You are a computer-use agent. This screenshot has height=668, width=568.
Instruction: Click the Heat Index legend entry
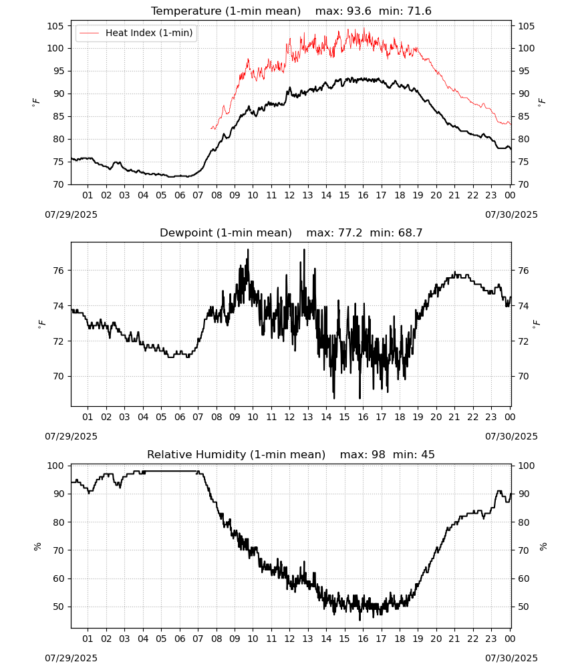136,33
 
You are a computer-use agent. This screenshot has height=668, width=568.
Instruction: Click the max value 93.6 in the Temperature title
360,11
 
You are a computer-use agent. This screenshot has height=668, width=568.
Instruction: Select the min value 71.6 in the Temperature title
420,11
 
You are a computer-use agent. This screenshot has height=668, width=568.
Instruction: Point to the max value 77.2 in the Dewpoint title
350,232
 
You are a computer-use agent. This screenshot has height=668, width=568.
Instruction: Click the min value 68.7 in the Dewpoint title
410,232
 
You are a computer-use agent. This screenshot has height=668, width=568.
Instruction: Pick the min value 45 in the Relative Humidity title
428,454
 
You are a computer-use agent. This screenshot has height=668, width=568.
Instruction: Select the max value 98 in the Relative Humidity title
378,454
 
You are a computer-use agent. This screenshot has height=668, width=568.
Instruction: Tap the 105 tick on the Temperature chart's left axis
55,26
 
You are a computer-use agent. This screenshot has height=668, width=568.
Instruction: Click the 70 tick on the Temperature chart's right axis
523,184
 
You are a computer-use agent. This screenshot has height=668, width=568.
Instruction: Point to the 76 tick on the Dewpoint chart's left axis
59,271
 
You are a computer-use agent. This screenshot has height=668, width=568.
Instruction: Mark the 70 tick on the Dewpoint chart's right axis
523,376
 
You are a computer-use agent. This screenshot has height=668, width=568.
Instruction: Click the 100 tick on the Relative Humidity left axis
55,466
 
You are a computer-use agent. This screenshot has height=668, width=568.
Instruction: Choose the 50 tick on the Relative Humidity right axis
523,607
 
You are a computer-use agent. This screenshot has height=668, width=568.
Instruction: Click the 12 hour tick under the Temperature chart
290,195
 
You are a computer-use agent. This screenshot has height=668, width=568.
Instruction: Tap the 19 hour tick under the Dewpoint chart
418,417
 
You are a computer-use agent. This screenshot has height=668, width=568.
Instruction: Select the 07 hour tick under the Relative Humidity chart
198,639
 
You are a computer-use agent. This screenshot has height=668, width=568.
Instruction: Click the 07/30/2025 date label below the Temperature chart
511,214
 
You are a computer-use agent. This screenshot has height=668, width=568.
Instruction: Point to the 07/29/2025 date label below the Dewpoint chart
71,436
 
